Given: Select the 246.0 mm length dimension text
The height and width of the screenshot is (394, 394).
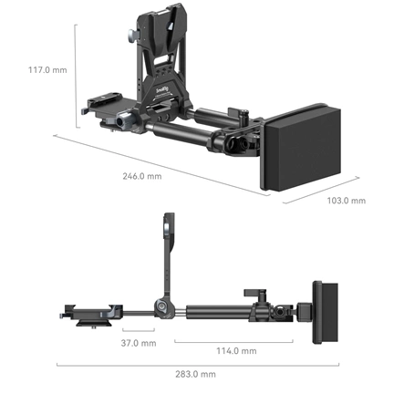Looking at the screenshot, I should [140, 177].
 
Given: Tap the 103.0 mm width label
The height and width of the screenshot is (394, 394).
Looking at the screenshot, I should [346, 200].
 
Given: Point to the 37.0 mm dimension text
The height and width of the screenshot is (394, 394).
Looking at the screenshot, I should [138, 343].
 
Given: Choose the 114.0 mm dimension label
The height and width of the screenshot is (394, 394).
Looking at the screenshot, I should [235, 350].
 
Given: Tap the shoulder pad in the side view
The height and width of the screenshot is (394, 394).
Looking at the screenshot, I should [326, 312].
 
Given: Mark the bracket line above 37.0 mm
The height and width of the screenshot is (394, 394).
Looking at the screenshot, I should [138, 332].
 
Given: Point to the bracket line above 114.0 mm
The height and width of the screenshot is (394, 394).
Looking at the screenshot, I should [235, 341].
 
